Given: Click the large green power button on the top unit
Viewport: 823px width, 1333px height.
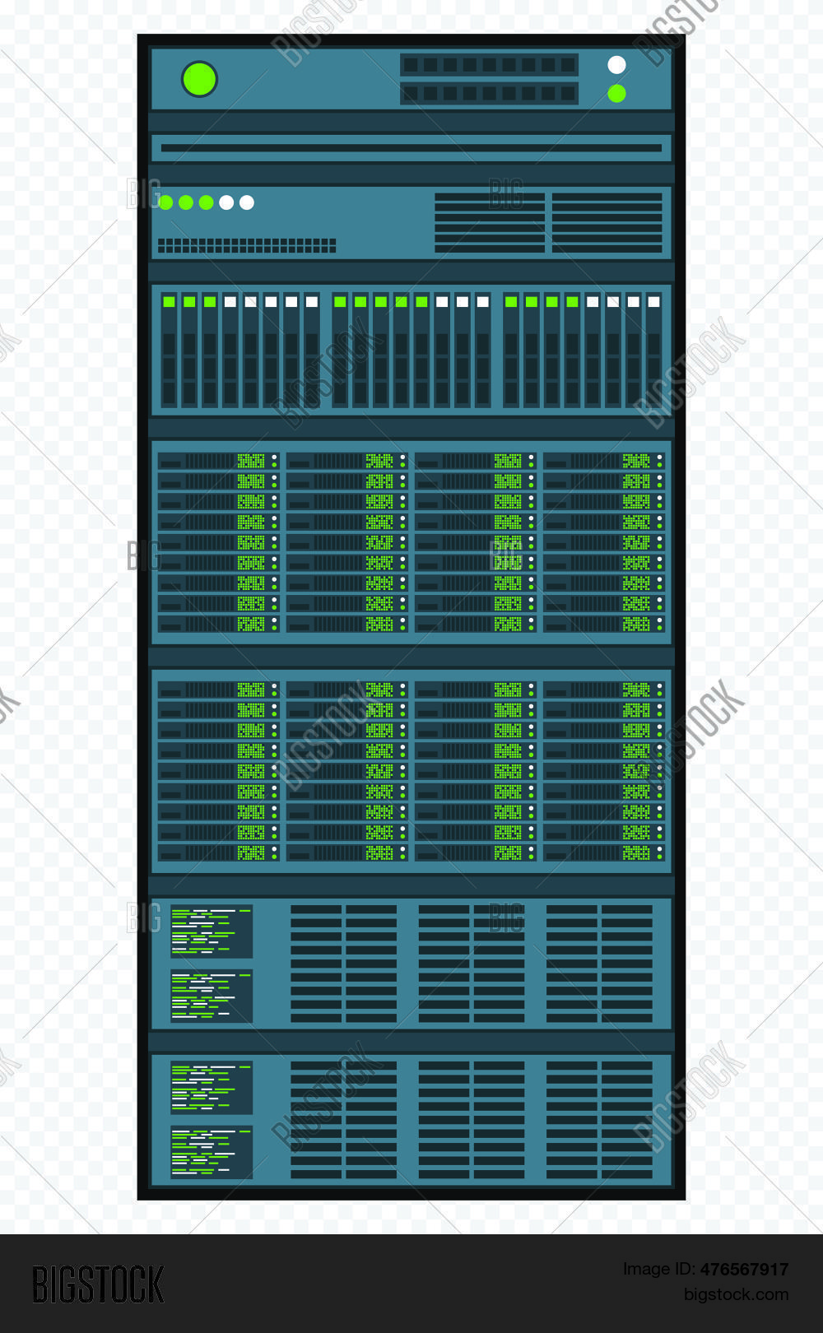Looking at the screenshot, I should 199,80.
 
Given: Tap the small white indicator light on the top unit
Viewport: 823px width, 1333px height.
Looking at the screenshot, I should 616,65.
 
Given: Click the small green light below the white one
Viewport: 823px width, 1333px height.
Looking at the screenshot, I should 616,94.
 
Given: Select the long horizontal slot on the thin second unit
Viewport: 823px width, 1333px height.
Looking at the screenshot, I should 411,148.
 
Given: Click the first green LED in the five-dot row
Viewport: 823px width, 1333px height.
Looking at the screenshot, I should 165,202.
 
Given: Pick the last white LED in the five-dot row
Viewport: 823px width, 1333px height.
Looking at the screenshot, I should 247,202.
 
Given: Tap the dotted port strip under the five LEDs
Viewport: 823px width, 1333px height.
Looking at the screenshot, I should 246,245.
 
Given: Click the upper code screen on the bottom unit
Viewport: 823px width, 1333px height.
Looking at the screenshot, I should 212,1088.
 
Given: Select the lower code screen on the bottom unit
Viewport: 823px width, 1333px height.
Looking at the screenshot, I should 212,1152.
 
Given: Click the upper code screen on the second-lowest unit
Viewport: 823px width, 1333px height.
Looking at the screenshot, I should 212,931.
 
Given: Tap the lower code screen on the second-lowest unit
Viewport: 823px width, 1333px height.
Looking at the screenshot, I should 212,996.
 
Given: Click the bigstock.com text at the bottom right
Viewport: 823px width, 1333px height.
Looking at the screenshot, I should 736,1294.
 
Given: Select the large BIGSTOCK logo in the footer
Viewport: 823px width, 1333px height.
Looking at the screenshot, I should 98,1284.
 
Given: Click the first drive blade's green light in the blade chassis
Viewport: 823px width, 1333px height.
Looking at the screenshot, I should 169,302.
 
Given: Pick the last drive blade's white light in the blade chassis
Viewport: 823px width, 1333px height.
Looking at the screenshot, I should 653,302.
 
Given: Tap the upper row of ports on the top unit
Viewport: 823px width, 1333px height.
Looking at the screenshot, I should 489,65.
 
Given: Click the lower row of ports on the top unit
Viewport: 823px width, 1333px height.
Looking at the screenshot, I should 489,94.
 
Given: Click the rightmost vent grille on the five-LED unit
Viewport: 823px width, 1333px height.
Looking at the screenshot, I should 607,222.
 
